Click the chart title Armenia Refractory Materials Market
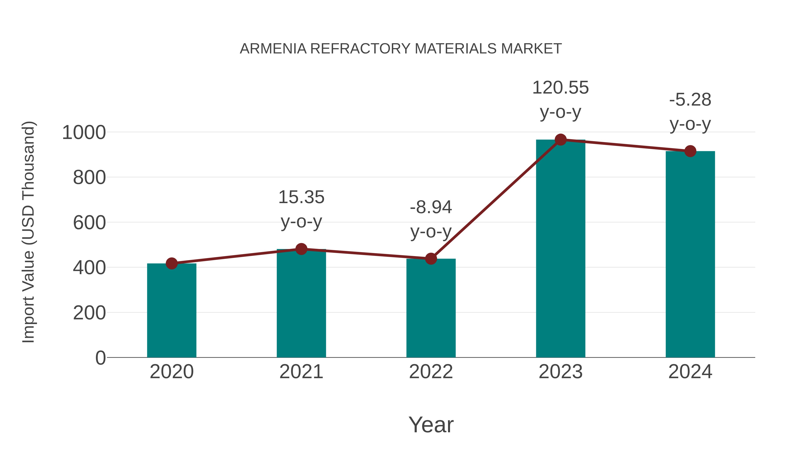[x=401, y=49]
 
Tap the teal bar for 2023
[x=561, y=249]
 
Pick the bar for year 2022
[x=431, y=308]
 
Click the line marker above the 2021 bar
[x=301, y=249]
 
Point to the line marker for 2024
[x=690, y=151]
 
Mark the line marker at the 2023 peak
[x=561, y=140]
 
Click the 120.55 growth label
[x=561, y=88]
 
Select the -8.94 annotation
[x=431, y=207]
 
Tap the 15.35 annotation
[x=301, y=197]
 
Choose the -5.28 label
[x=690, y=100]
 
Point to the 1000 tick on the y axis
[x=84, y=133]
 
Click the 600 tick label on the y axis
[x=89, y=223]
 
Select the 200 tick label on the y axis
[x=89, y=313]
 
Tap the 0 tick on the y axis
[x=100, y=358]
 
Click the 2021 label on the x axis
[x=301, y=372]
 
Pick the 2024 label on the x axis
[x=690, y=372]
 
